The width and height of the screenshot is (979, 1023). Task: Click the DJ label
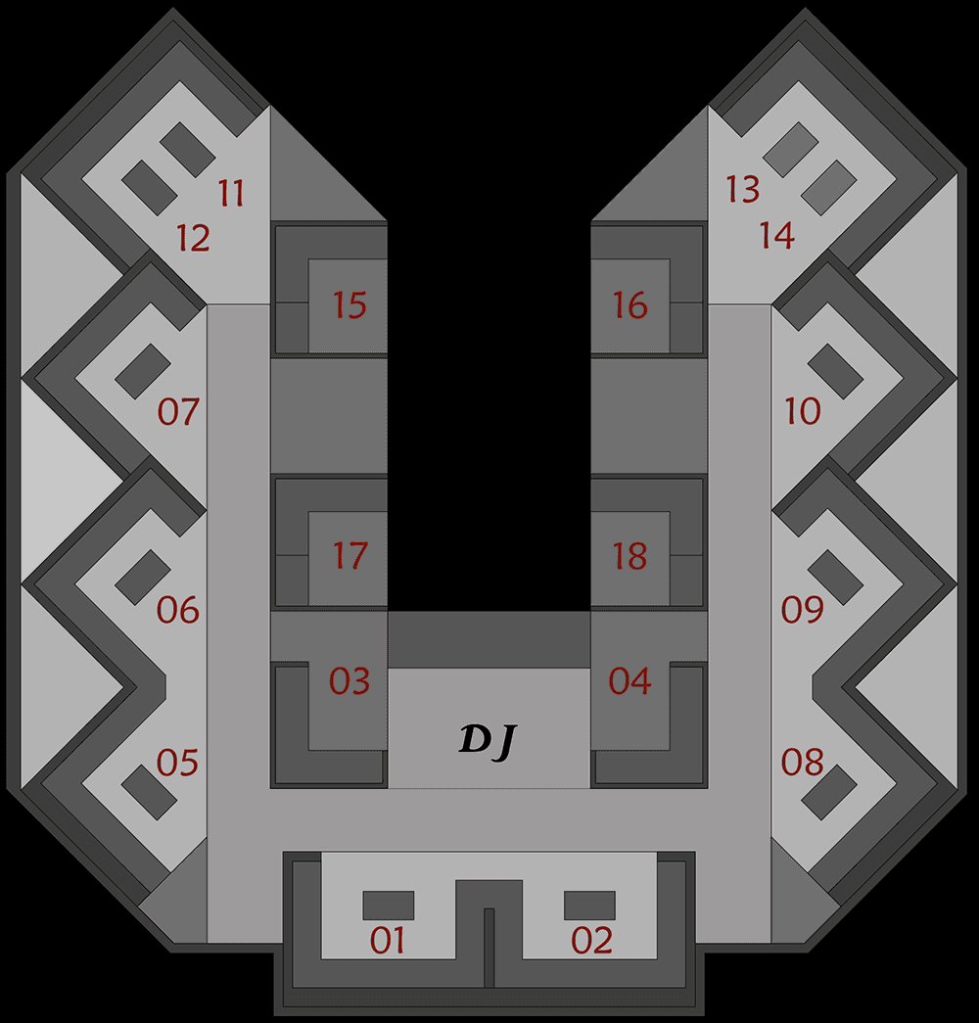488,740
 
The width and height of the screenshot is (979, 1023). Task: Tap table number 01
387,940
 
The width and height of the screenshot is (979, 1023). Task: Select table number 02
591,940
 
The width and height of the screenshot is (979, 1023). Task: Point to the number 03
350,681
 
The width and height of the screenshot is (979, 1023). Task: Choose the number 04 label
629,681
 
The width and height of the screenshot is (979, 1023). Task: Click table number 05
177,763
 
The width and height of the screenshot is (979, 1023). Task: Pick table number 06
177,610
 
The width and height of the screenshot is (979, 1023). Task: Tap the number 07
178,412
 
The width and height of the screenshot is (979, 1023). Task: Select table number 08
802,762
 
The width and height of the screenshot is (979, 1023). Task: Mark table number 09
802,609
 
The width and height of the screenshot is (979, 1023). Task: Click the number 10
802,411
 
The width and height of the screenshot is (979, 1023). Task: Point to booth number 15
350,304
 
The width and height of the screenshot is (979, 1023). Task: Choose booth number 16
629,304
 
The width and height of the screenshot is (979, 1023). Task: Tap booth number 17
350,556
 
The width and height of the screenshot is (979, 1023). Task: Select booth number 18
629,556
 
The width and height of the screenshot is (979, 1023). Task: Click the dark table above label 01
389,906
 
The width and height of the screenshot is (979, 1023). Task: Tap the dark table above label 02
589,906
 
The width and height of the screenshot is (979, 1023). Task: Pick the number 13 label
743,189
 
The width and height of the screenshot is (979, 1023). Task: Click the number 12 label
193,238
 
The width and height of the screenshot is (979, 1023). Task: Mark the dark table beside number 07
143,371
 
